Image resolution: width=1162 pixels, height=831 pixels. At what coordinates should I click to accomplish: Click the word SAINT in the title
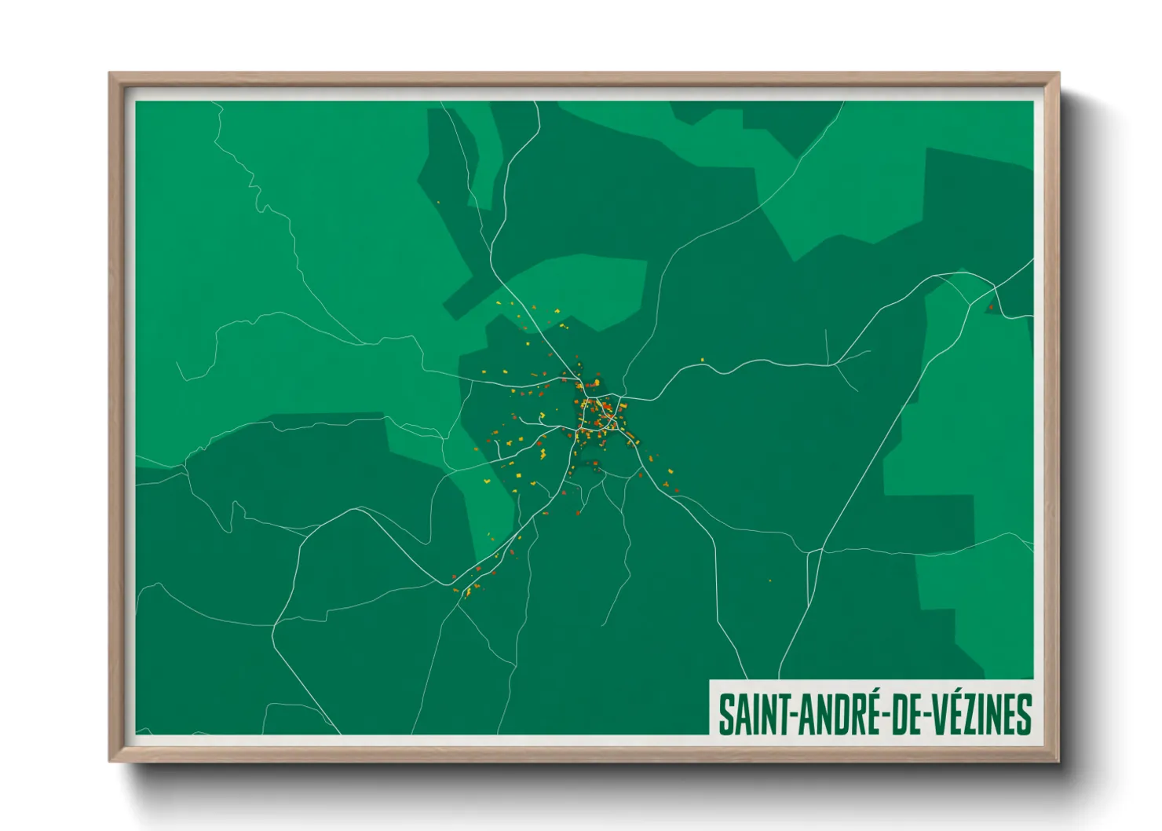(x=755, y=715)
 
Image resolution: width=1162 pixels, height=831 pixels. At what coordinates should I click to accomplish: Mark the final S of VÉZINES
(x=1023, y=715)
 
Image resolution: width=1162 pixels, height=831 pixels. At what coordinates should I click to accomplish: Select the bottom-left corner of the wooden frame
(x=111, y=760)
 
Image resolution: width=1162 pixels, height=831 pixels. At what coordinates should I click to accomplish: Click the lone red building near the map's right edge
(x=990, y=307)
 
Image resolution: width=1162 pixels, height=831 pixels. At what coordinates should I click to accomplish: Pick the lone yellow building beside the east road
(x=703, y=361)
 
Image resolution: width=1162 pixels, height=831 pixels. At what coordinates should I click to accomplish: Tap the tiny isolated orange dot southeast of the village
(x=769, y=581)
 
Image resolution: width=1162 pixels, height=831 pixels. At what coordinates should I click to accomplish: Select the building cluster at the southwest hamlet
(x=470, y=585)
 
